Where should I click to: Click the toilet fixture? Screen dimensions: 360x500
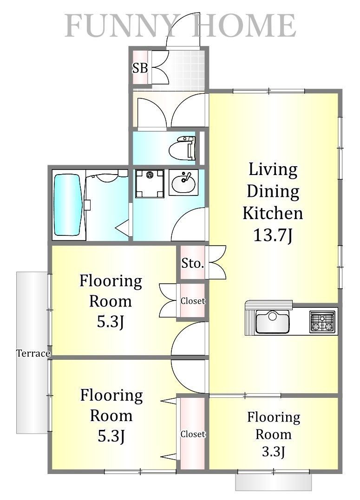[x=182, y=148]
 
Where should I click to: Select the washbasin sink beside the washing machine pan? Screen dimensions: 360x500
[x=183, y=182]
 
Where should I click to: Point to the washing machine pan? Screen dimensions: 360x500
[x=150, y=184]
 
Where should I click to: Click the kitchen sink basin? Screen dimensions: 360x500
[x=272, y=322]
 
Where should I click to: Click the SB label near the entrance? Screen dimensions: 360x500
[x=140, y=68]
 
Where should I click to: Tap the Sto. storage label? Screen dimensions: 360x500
[x=192, y=263]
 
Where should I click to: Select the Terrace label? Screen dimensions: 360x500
[x=33, y=353]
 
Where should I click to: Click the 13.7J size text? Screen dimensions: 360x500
[x=273, y=235]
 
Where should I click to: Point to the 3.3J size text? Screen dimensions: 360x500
[x=274, y=452]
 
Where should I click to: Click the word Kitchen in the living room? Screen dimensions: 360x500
[x=273, y=213]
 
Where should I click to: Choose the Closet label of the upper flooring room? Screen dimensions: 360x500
[x=192, y=301]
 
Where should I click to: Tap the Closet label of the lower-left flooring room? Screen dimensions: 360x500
[x=193, y=434]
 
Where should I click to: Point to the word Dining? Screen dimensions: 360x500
[x=273, y=191]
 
